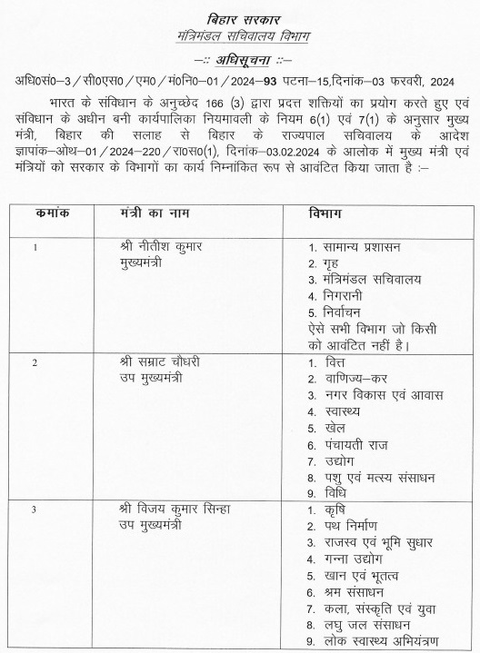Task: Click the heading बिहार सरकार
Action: (x=239, y=17)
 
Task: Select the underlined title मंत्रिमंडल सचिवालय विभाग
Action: (x=239, y=34)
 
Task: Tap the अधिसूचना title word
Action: (x=241, y=60)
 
